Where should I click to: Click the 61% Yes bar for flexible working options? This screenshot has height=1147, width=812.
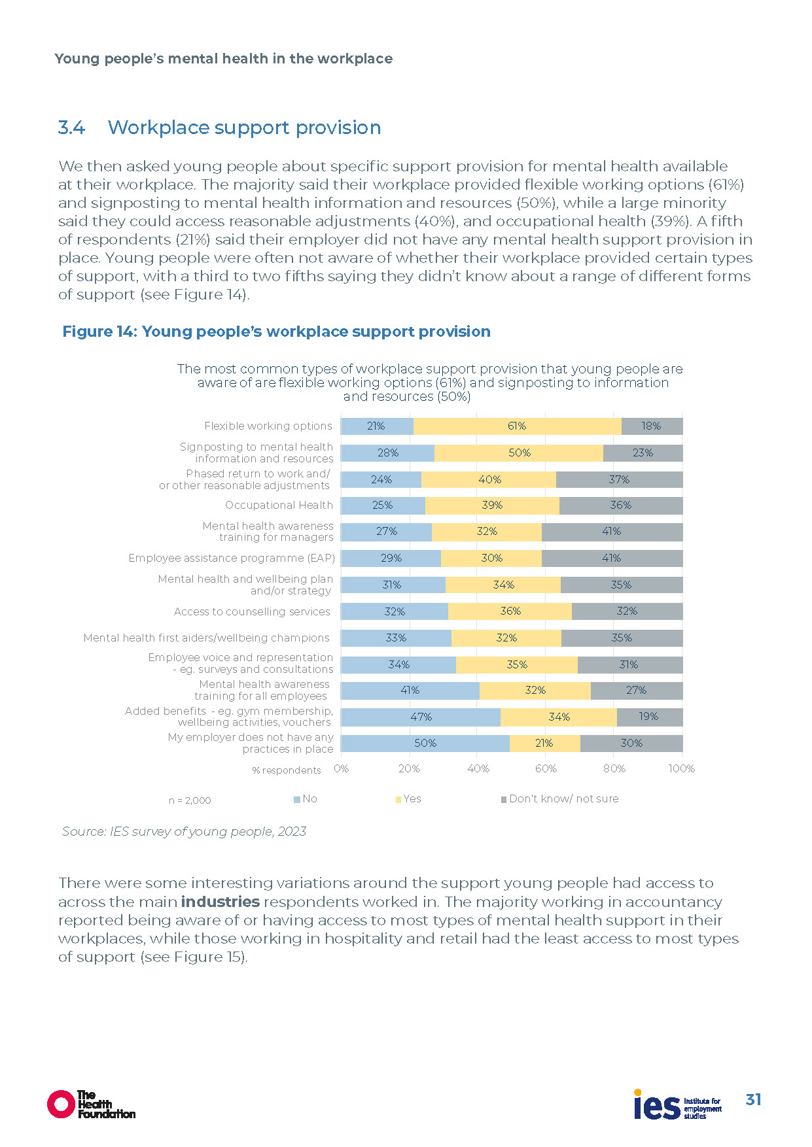[517, 426]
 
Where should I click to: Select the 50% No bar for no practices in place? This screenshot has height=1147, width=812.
[425, 744]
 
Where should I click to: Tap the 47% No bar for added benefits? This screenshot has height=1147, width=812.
[421, 717]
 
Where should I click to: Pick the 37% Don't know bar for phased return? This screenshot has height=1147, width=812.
[619, 479]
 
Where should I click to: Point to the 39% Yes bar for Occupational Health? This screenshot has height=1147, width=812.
[492, 505]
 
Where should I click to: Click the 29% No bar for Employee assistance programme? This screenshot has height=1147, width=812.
[391, 558]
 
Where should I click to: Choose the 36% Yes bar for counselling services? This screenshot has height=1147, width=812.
[510, 611]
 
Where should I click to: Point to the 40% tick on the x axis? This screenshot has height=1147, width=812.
[478, 769]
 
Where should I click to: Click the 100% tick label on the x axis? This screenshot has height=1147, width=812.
[681, 769]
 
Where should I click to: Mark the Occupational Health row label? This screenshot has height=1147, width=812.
[279, 505]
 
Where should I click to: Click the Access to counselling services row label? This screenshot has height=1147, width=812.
[252, 612]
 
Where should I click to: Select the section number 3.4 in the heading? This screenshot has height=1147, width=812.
[71, 128]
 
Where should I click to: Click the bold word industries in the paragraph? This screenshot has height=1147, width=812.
[221, 902]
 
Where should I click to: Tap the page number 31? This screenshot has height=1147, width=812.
[753, 1100]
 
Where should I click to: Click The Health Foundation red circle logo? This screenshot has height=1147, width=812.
[61, 1104]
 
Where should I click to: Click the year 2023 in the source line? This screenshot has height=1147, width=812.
[292, 832]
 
